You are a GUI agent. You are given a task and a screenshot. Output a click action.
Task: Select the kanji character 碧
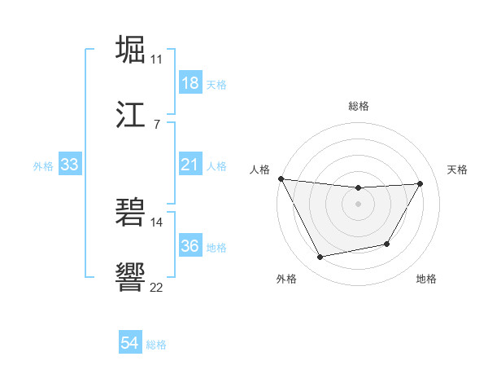pos(131,212)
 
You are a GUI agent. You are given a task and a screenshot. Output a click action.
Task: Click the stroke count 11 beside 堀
pos(157,59)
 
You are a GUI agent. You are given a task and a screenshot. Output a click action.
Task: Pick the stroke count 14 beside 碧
pos(157,221)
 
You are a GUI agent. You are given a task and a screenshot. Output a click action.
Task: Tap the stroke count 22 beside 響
pos(157,286)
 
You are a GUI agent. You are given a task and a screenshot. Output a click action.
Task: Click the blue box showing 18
pos(190,83)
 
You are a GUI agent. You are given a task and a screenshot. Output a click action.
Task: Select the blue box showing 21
pos(190,165)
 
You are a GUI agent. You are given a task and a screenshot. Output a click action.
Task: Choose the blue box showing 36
pos(190,246)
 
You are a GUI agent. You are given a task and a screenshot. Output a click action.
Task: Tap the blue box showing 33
pos(69,165)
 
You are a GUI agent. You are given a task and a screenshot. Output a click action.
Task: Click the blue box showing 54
pos(129,344)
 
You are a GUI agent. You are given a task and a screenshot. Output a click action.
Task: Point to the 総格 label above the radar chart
pos(359,106)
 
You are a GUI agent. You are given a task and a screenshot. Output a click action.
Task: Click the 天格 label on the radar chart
pos(458,169)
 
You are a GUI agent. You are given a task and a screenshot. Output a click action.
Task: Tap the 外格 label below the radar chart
pos(286,279)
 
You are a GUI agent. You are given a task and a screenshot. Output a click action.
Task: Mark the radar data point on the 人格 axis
pos(281,178)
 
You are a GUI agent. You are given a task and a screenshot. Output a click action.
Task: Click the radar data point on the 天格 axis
pos(420,183)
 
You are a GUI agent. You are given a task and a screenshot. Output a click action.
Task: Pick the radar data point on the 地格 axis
pos(387,244)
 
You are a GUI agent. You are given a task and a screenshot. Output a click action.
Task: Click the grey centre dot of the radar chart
pos(359,204)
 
